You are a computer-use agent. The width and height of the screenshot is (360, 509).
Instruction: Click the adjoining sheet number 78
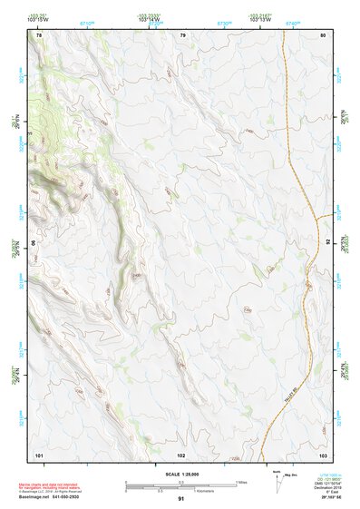tap(38, 34)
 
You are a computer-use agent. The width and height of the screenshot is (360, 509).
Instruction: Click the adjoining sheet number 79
tap(182, 34)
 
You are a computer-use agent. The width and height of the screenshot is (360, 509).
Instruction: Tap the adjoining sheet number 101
tap(39, 453)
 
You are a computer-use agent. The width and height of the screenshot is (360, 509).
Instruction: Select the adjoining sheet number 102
tap(181, 453)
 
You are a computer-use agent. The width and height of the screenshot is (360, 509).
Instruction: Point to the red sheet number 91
tap(181, 499)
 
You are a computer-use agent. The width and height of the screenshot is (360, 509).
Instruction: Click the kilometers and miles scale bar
tap(181, 485)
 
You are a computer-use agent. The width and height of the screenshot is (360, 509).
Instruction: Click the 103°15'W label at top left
tap(37, 20)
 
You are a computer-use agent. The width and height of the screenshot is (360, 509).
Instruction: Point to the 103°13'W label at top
tap(259, 20)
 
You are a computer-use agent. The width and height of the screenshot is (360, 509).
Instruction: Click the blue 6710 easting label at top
tap(87, 24)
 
